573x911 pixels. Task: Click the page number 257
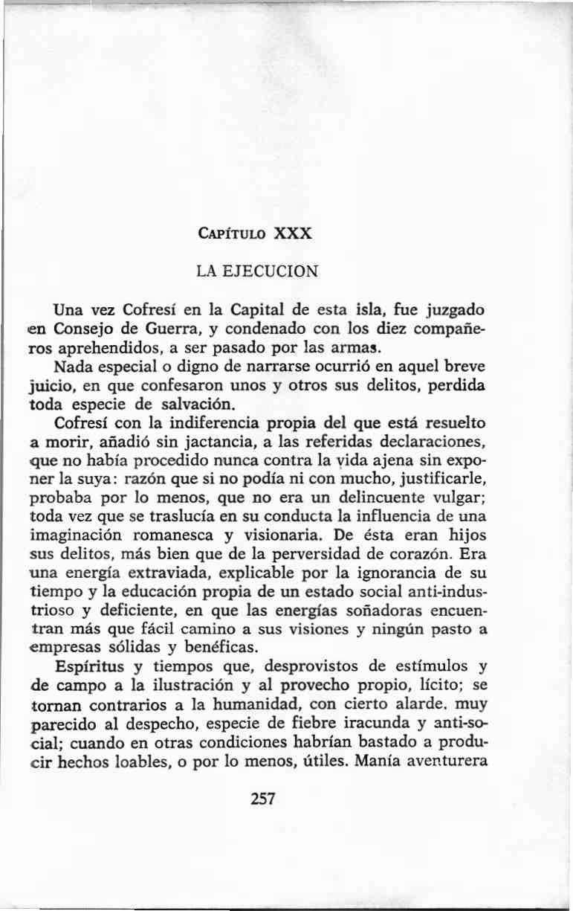point(264,799)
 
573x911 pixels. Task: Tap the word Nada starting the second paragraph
point(73,367)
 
